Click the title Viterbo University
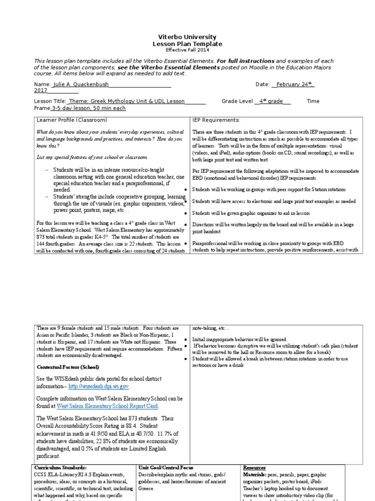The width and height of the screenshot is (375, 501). (187, 37)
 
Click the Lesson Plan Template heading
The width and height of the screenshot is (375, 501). (187, 44)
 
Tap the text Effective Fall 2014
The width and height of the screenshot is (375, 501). (187, 50)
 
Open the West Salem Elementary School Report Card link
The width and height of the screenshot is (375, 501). (108, 406)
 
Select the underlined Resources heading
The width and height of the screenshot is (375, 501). (254, 468)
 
